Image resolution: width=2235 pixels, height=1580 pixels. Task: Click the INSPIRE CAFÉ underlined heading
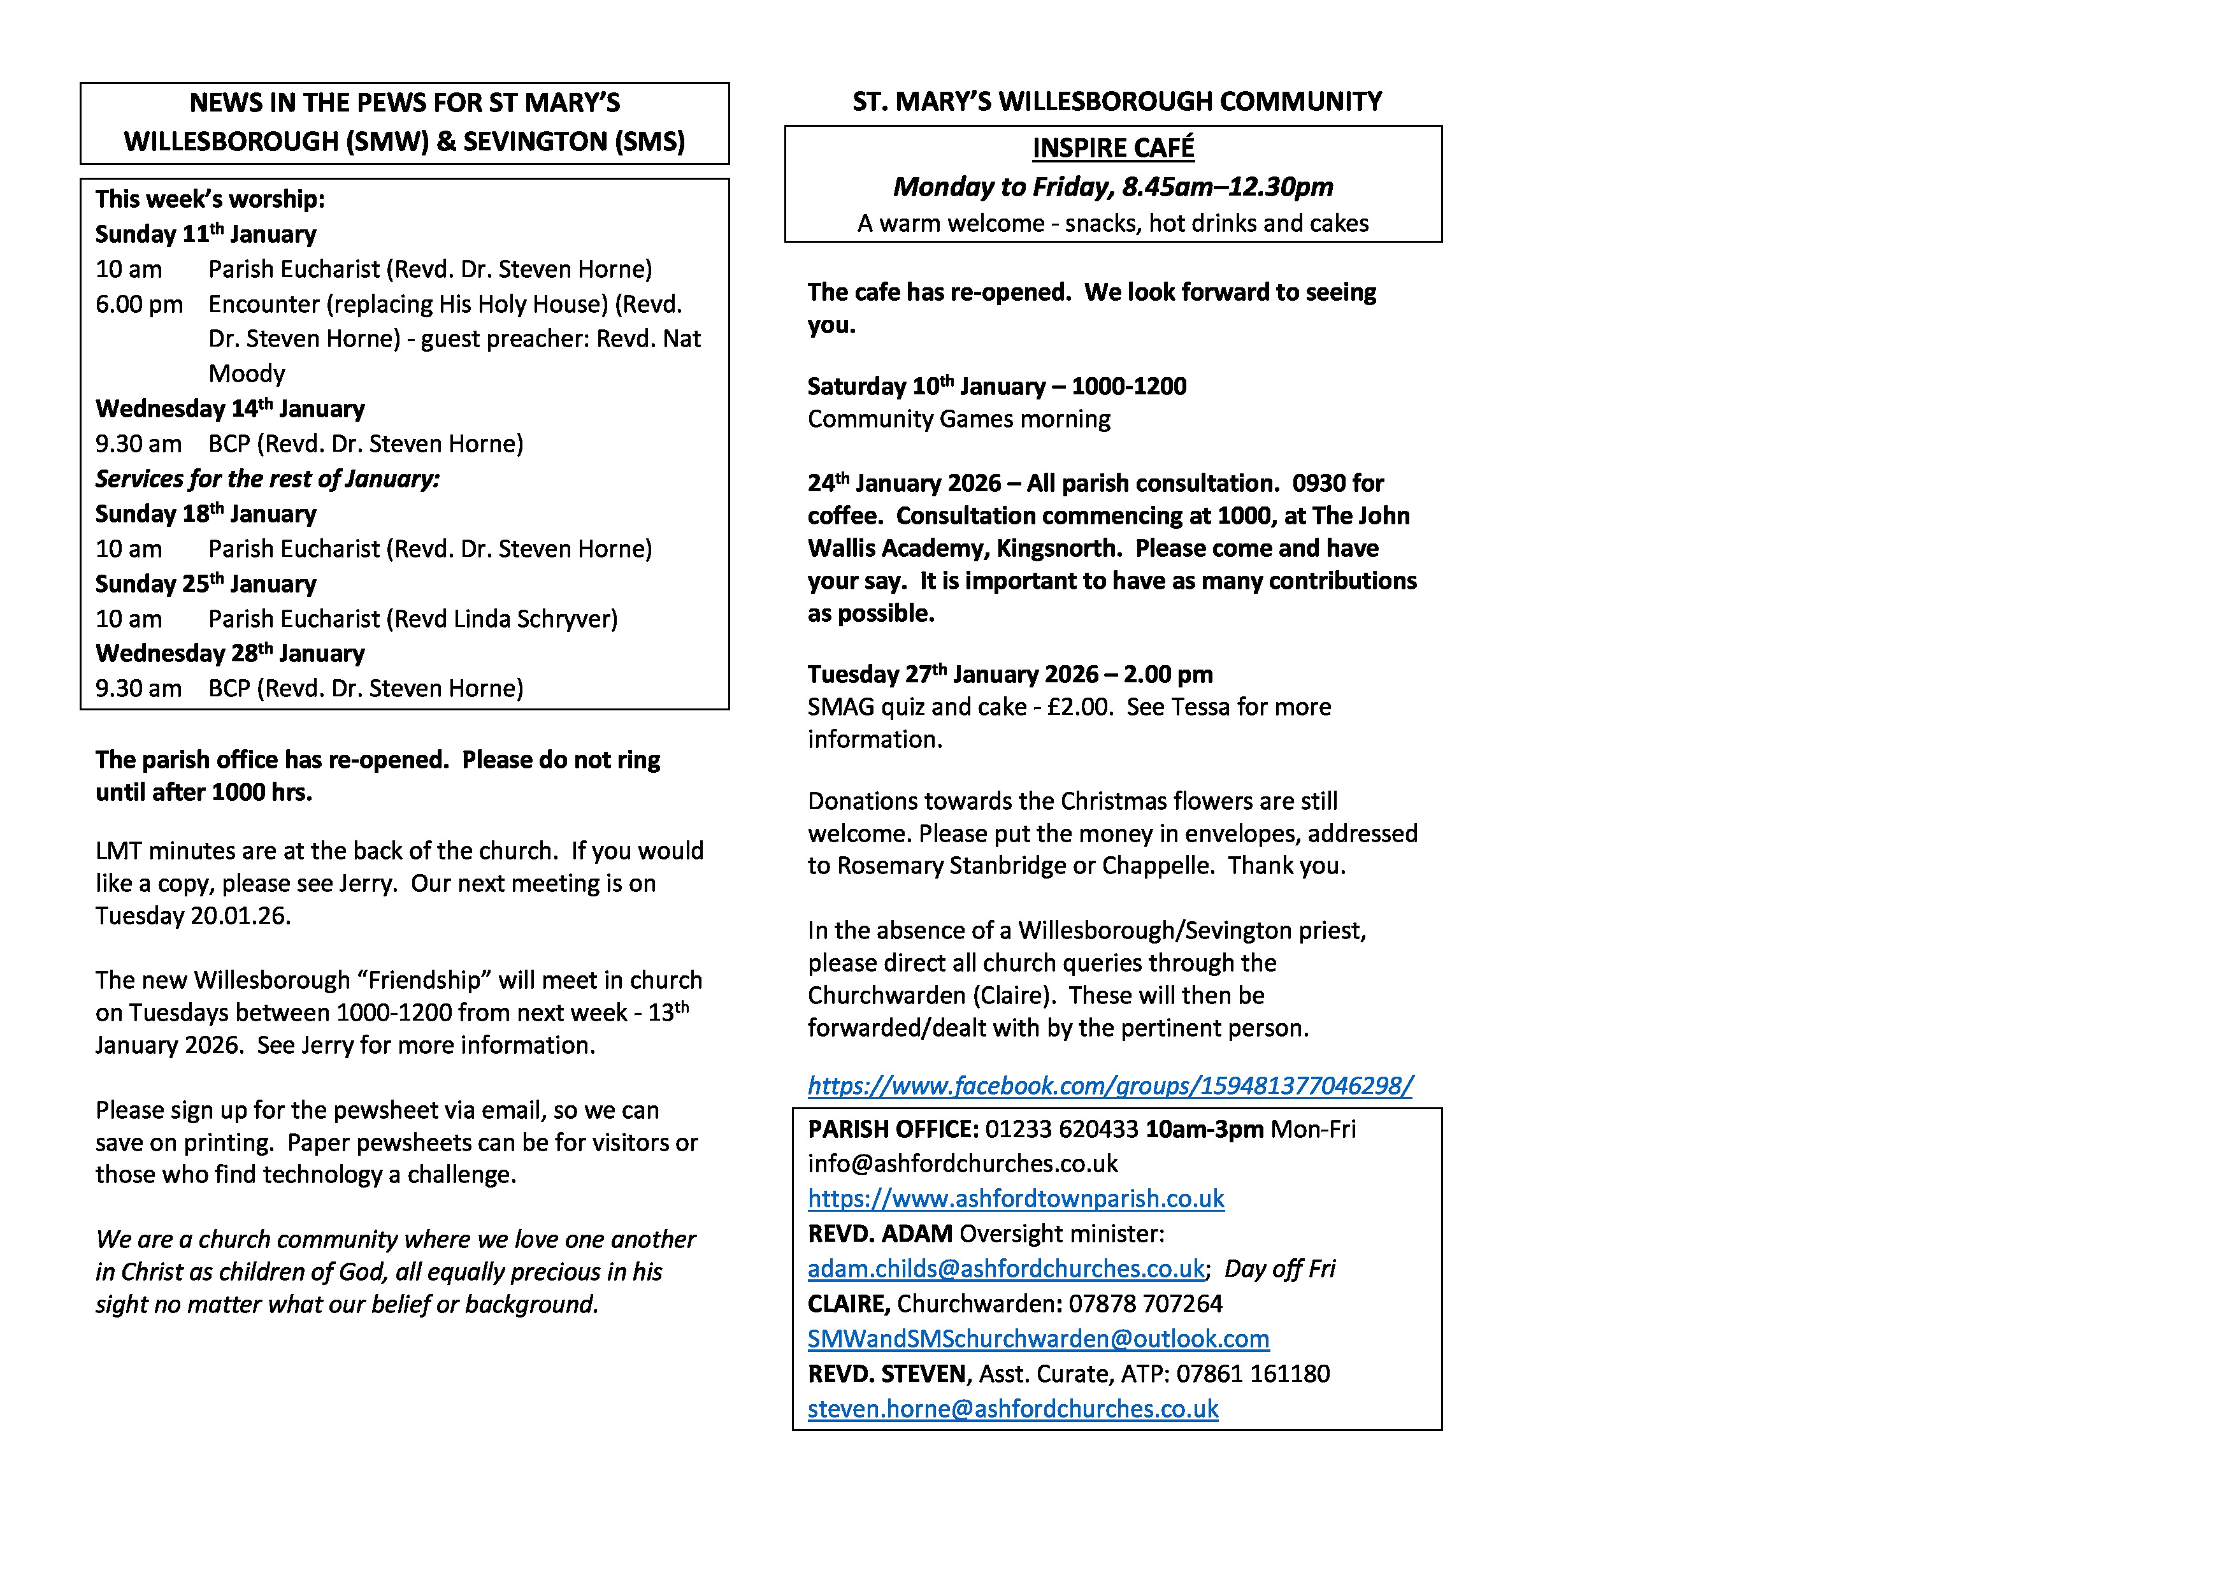[x=1112, y=148]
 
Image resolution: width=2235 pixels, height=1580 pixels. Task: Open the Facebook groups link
[x=1110, y=1086]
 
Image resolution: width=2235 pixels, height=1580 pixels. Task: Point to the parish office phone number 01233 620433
[x=1061, y=1130]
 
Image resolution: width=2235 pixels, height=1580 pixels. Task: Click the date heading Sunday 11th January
[x=205, y=234]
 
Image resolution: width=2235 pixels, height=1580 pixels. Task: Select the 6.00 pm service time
[x=139, y=305]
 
